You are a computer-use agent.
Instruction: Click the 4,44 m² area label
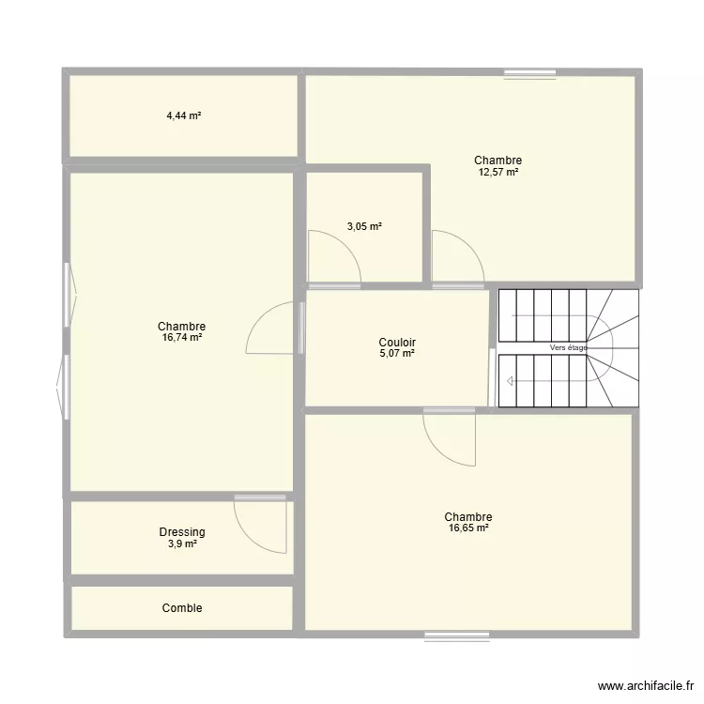pos(184,116)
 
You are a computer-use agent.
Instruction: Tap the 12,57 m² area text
pos(497,172)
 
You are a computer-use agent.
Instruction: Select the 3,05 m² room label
pos(364,226)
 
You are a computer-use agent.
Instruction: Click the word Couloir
pos(398,343)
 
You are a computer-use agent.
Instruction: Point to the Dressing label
pos(182,532)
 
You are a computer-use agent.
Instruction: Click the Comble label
pos(182,608)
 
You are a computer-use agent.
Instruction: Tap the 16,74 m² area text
pos(182,338)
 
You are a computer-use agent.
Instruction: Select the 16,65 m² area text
pos(468,528)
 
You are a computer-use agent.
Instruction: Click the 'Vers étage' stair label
pos(568,348)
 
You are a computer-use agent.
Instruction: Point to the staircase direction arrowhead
pos(509,381)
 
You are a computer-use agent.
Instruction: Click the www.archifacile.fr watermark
pos(644,686)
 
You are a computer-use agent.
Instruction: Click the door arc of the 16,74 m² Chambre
pos(270,329)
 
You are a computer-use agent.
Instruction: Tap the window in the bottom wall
pos(457,635)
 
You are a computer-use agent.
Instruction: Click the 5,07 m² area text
pos(398,354)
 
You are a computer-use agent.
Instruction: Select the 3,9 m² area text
pos(182,543)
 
